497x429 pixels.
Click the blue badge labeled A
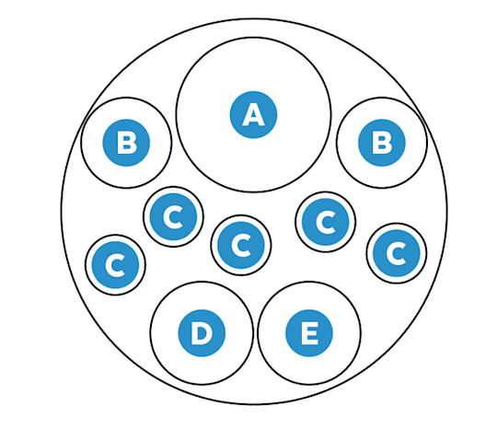point(253,115)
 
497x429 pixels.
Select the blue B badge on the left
point(126,143)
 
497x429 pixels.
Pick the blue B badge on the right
point(382,143)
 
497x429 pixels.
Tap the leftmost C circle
point(115,265)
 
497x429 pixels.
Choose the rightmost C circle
point(397,253)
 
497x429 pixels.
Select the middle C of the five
point(241,245)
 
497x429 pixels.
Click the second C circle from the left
point(173,217)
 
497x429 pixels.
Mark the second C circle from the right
point(326,222)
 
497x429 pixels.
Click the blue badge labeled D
point(202,333)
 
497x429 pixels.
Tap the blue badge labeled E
point(309,333)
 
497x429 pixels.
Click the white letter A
point(253,115)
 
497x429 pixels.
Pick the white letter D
point(202,333)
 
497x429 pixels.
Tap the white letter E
point(309,333)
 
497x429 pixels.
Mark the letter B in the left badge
point(127,143)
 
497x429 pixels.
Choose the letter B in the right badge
point(383,143)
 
